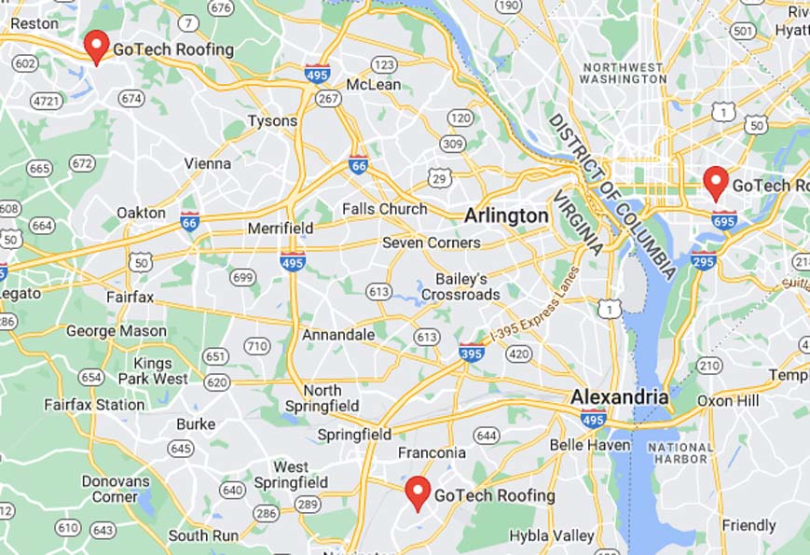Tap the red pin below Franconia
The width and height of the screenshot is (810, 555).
pyautogui.click(x=418, y=492)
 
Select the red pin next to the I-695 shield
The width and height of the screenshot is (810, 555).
pyautogui.click(x=715, y=182)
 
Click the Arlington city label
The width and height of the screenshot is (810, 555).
pyautogui.click(x=506, y=215)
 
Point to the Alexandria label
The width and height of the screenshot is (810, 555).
pyautogui.click(x=619, y=396)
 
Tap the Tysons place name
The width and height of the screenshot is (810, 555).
pyautogui.click(x=272, y=121)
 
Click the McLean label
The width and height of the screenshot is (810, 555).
pyautogui.click(x=373, y=85)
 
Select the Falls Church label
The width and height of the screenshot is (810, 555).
pyautogui.click(x=384, y=209)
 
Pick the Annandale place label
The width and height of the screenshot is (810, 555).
pyautogui.click(x=338, y=334)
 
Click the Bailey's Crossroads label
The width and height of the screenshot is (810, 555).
pyautogui.click(x=460, y=286)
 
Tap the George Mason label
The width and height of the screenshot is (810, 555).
pyautogui.click(x=117, y=331)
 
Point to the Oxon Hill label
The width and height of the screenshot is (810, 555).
pyautogui.click(x=730, y=400)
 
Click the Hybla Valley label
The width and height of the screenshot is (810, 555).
pyautogui.click(x=551, y=535)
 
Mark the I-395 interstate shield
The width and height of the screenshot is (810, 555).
pyautogui.click(x=471, y=352)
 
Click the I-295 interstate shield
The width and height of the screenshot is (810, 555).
pyautogui.click(x=704, y=261)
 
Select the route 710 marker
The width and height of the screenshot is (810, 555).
pyautogui.click(x=256, y=347)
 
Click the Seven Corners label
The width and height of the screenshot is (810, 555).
pyautogui.click(x=432, y=243)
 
